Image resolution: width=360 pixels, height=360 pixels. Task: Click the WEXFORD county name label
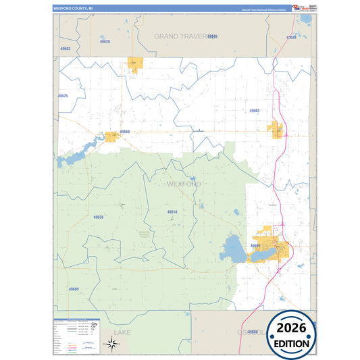(x=183, y=184)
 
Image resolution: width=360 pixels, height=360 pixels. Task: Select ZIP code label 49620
(x=105, y=42)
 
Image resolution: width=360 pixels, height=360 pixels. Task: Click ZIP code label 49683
(x=66, y=49)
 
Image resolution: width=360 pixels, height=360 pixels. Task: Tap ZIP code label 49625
(x=63, y=96)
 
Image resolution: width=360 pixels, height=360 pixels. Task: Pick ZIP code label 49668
(x=125, y=132)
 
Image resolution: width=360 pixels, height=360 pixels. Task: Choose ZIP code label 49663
(x=254, y=110)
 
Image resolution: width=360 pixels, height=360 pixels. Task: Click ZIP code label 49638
(x=99, y=217)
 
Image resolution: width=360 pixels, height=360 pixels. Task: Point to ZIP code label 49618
(x=172, y=212)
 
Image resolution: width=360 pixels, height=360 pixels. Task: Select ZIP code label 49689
(x=74, y=288)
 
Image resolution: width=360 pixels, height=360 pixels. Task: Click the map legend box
(x=76, y=335)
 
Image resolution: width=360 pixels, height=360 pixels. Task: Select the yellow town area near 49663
(x=277, y=129)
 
